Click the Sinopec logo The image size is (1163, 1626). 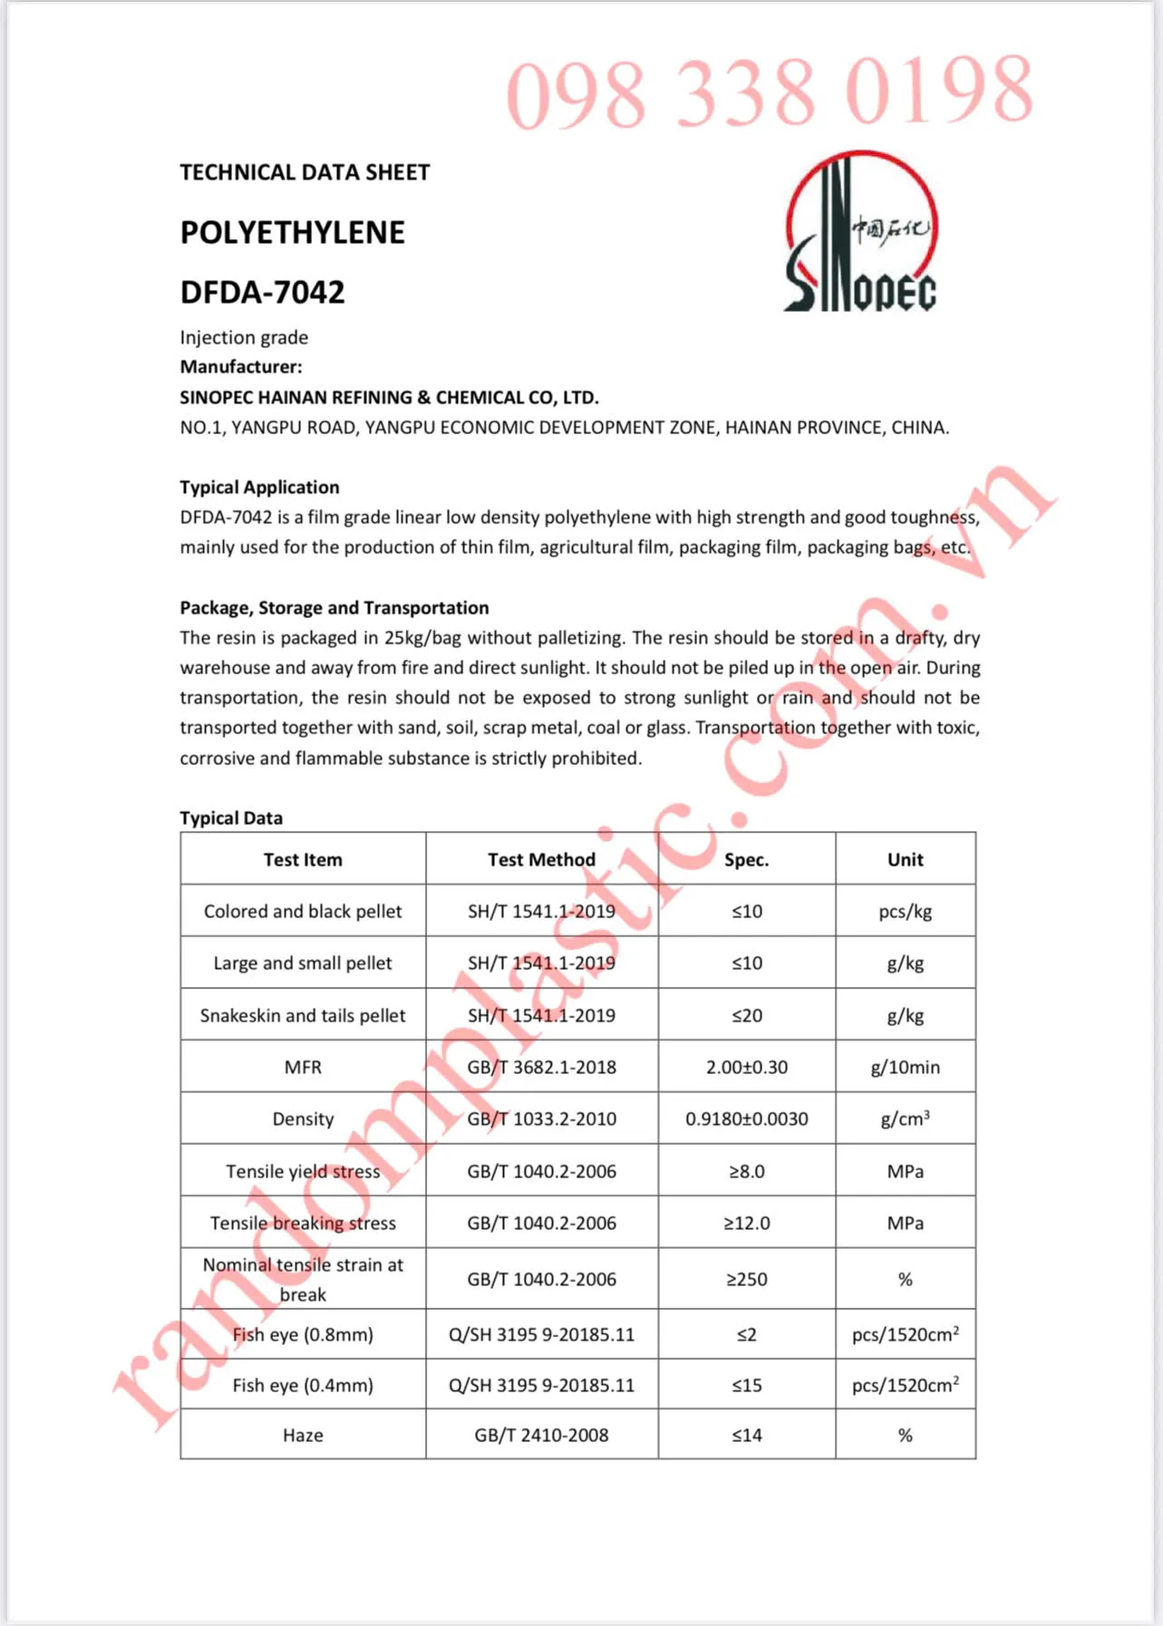pyautogui.click(x=860, y=234)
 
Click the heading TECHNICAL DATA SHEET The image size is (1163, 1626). pyautogui.click(x=305, y=172)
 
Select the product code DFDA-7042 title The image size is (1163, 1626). pyautogui.click(x=263, y=293)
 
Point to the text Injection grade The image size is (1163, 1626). pyautogui.click(x=244, y=337)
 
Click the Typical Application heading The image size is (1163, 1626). pyautogui.click(x=259, y=487)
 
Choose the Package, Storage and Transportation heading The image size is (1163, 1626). pyautogui.click(x=334, y=607)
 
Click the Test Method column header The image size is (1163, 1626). pyautogui.click(x=541, y=859)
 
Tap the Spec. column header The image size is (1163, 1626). pyautogui.click(x=746, y=859)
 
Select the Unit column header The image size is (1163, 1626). pyautogui.click(x=905, y=859)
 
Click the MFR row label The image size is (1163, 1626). pyautogui.click(x=303, y=1067)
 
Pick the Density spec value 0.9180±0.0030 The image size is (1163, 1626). pyautogui.click(x=746, y=1118)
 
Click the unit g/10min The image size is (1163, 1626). pyautogui.click(x=905, y=1067)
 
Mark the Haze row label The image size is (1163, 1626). pyautogui.click(x=303, y=1435)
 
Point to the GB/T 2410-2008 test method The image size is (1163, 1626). pyautogui.click(x=541, y=1435)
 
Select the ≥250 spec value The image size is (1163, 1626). pyautogui.click(x=746, y=1279)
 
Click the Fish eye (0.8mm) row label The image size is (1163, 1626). pyautogui.click(x=303, y=1334)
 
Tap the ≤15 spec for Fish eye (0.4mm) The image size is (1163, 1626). pyautogui.click(x=746, y=1385)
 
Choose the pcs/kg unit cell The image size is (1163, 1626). pyautogui.click(x=905, y=911)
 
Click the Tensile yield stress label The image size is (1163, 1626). pyautogui.click(x=303, y=1171)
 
